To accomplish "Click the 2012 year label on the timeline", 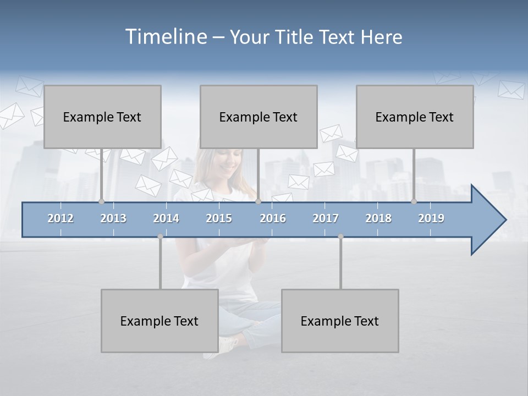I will pos(61,218).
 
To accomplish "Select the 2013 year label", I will pos(113,218).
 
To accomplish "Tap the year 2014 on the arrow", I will pos(166,218).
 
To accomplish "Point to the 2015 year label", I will pos(219,218).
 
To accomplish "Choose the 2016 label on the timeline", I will pos(273,218).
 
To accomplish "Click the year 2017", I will pos(326,218).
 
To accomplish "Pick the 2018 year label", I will pos(378,218).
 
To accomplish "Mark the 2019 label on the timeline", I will pos(431,218).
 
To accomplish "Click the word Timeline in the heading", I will pos(164,37).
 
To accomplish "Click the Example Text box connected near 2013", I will pos(102,117).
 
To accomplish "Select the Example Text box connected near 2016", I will pos(258,117).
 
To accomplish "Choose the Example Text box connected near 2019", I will pos(415,117).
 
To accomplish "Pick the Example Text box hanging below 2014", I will pos(159,321).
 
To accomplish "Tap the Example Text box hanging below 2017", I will pos(340,321).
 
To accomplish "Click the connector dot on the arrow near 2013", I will pos(101,202).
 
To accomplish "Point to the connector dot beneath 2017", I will pos(340,237).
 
